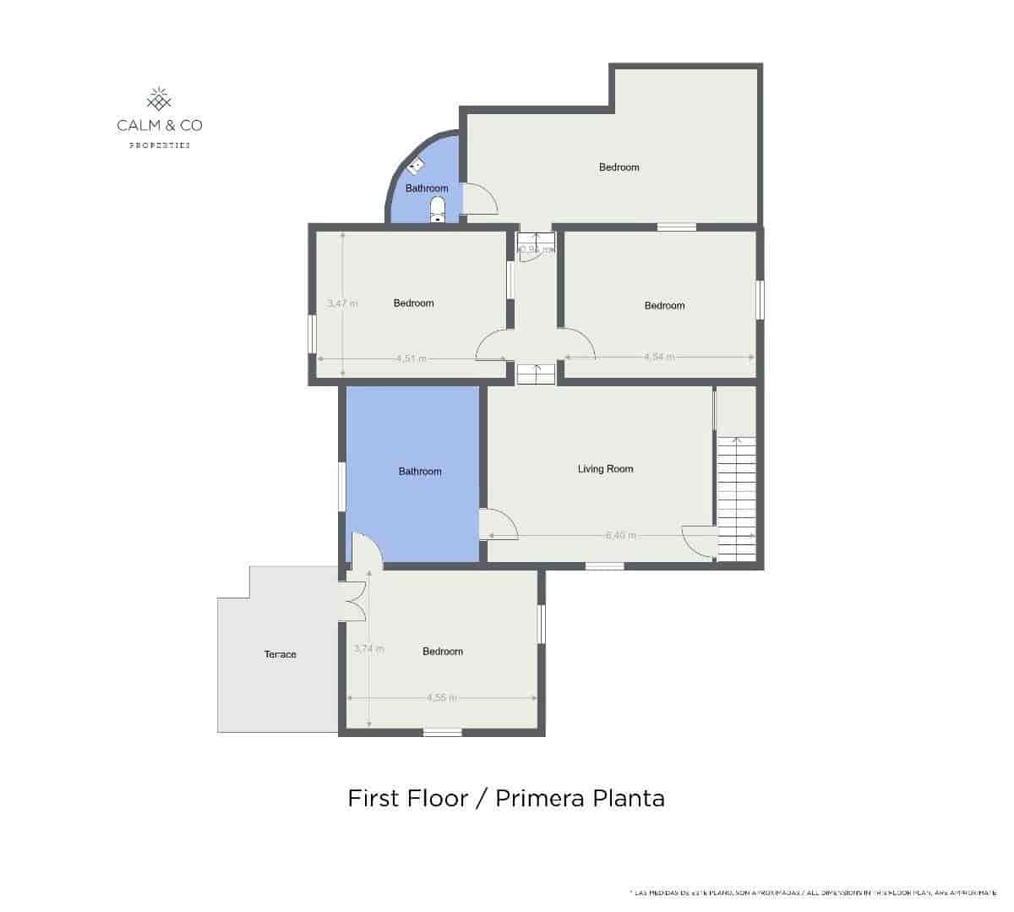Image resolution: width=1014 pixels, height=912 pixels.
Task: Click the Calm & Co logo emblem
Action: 160,100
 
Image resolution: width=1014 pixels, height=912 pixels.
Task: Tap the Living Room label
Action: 605,469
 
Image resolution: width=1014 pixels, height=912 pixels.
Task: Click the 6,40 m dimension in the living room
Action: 620,536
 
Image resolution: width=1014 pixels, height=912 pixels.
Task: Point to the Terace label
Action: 280,654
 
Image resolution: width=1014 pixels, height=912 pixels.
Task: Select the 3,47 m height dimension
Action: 342,303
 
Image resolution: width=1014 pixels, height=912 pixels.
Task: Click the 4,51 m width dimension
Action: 411,358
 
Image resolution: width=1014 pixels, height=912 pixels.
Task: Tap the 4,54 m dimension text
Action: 659,357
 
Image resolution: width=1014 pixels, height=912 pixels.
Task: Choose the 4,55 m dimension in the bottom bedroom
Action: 441,698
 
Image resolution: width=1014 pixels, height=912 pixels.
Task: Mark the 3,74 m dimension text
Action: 368,649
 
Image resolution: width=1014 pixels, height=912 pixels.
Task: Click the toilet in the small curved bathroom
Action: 437,206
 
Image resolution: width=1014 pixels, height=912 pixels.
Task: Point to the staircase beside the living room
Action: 736,499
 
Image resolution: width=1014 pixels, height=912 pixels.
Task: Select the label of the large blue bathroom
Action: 420,472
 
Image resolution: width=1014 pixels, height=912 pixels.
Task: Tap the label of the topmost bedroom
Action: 619,167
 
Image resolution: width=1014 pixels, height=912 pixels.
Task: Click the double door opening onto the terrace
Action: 355,599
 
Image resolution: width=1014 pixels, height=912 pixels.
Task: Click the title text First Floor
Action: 407,798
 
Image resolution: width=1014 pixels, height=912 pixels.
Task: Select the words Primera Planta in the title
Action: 580,798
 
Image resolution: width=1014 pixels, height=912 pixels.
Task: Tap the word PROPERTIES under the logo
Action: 160,145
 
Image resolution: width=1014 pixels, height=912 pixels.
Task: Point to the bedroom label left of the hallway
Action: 413,303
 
